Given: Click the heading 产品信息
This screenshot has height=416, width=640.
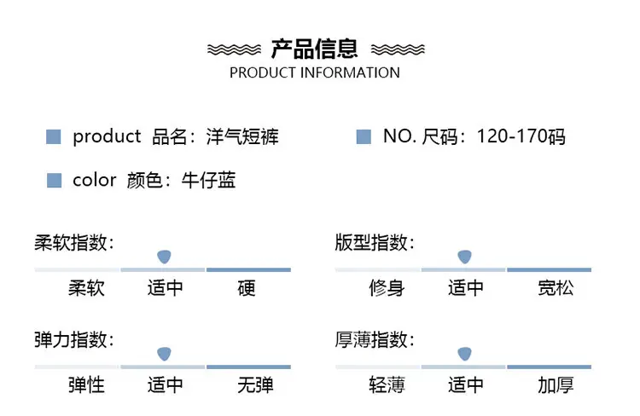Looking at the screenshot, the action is [x=314, y=49].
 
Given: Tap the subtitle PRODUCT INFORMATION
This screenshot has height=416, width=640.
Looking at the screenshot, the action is [x=315, y=72].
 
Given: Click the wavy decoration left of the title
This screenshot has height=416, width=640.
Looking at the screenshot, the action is [x=235, y=49].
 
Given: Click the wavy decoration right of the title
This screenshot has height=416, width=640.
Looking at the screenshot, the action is [x=398, y=49].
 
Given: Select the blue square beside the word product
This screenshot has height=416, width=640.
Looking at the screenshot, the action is [x=54, y=136].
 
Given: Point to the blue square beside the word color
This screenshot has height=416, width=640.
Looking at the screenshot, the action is [x=55, y=180].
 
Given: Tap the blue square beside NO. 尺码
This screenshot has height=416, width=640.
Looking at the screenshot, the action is [x=364, y=136].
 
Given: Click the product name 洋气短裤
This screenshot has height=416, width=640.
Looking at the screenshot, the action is [x=242, y=136].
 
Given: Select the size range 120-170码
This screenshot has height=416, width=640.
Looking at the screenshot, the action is [x=521, y=136].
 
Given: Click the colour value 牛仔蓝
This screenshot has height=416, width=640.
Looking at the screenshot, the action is [x=208, y=180].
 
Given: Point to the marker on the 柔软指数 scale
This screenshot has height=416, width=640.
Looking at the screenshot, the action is [x=164, y=257].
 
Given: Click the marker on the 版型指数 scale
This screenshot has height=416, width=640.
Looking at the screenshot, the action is [x=464, y=257].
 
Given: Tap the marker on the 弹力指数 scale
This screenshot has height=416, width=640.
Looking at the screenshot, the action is [x=164, y=354].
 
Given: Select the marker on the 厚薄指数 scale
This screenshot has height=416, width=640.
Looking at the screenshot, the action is [x=464, y=354].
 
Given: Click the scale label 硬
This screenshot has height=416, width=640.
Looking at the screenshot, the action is [x=247, y=288].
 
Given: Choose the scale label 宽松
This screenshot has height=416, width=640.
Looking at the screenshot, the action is [x=556, y=288].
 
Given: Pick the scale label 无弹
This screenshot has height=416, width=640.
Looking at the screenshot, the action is [x=255, y=385].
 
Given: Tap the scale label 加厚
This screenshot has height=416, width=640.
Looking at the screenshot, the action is [x=556, y=385].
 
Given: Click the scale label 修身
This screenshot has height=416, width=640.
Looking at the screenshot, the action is [x=387, y=288].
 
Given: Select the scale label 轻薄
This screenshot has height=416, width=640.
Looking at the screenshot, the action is [x=387, y=385].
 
